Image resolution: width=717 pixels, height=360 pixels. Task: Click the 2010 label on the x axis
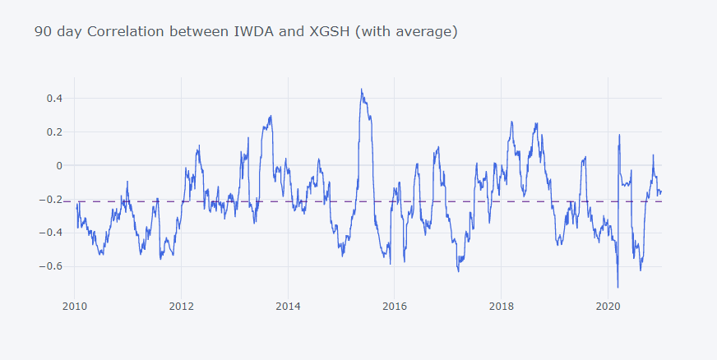coord(74,307)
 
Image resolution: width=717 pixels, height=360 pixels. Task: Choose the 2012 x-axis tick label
coord(181,307)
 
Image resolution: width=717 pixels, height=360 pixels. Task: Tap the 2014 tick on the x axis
coord(288,307)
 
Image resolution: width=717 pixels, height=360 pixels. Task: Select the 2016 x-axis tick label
coord(394,307)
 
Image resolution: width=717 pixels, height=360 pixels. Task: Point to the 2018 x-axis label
coord(501,307)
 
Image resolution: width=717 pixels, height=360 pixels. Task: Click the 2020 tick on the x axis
coord(608,307)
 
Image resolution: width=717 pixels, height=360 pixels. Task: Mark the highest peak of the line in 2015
coord(361,89)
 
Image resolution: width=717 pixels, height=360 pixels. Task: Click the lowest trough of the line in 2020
coord(618,288)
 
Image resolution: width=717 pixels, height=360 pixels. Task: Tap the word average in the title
coord(423,32)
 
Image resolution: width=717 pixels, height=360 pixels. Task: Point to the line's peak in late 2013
coord(271,116)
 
